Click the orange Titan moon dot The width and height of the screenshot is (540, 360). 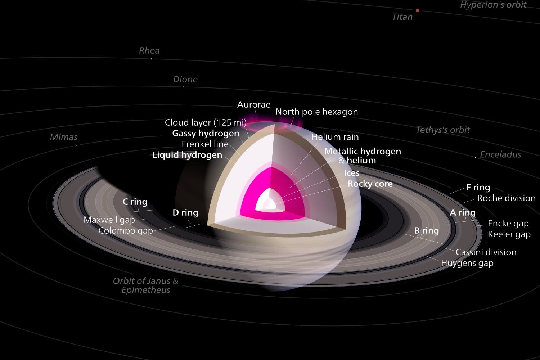[x=417, y=10]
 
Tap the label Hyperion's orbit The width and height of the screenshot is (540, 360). [x=493, y=5]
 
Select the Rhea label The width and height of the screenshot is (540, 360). [x=149, y=51]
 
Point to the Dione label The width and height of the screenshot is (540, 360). [x=185, y=79]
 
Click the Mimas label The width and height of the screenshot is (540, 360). [x=64, y=137]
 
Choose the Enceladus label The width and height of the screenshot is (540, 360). [x=500, y=154]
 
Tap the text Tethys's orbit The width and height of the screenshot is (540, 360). [x=443, y=130]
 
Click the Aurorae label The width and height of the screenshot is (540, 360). [x=253, y=105]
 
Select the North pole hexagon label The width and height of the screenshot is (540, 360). [x=317, y=112]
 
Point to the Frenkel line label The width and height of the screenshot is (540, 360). [x=205, y=144]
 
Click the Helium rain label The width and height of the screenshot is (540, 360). [x=335, y=137]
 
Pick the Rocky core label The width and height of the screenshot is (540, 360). [x=370, y=184]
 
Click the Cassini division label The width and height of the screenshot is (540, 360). [x=486, y=252]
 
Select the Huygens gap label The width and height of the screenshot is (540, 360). [x=467, y=263]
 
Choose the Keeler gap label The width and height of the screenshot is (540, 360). [x=509, y=234]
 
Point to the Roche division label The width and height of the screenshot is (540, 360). [x=506, y=198]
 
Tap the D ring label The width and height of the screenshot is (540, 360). [x=185, y=213]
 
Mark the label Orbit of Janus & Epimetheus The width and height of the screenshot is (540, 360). [x=145, y=285]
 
